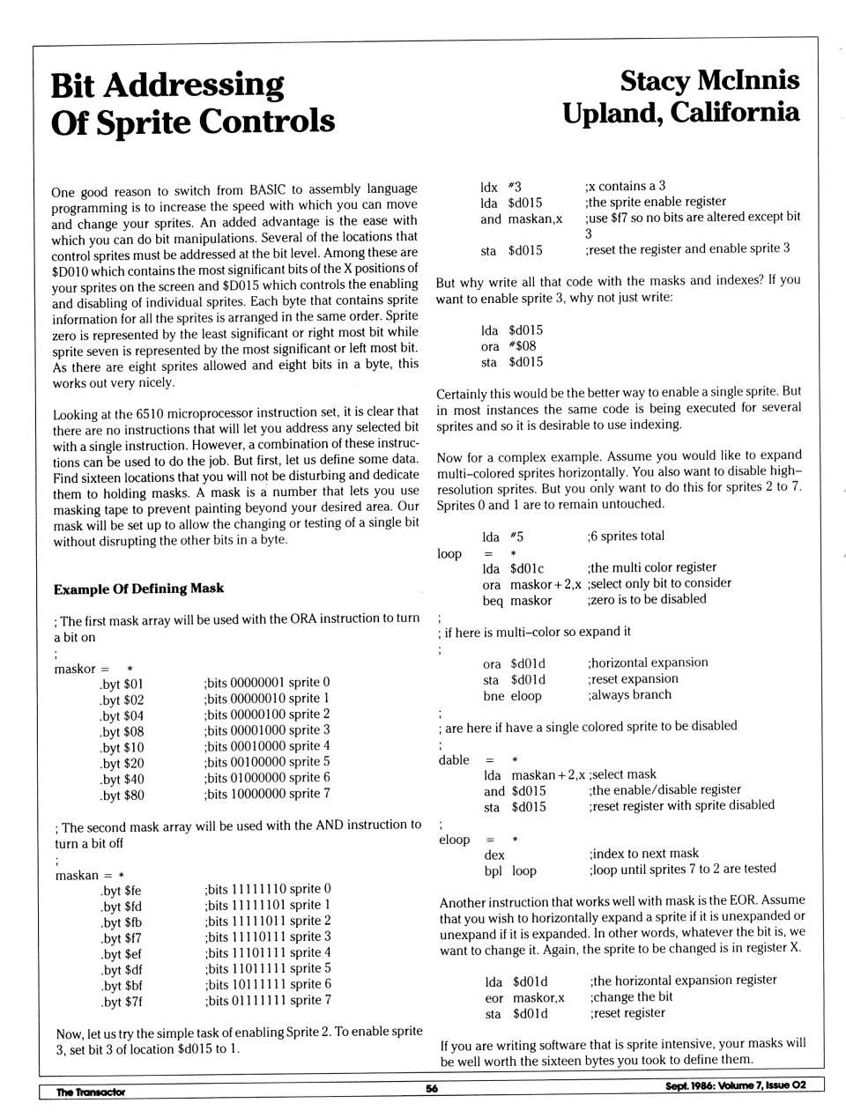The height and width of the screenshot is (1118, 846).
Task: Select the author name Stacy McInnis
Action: click(709, 80)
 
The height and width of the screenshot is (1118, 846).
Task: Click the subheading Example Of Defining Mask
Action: click(138, 589)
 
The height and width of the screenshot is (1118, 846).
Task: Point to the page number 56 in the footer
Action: click(432, 1088)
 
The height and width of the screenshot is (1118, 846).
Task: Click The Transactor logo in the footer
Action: click(91, 1092)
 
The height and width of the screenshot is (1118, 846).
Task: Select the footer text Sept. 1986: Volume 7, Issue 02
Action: click(735, 1085)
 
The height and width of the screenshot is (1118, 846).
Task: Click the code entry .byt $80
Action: click(122, 796)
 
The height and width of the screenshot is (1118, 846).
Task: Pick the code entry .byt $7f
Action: click(122, 1002)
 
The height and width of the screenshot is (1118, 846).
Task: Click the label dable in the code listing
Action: click(454, 760)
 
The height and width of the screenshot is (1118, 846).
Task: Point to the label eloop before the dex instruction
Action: click(455, 840)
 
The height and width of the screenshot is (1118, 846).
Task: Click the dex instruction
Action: click(494, 855)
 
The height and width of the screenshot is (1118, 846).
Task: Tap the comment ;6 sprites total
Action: click(626, 536)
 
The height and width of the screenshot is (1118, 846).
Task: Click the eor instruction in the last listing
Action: click(494, 998)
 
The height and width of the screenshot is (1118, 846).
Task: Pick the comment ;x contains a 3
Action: click(625, 186)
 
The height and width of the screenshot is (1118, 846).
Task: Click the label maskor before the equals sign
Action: click(75, 669)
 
